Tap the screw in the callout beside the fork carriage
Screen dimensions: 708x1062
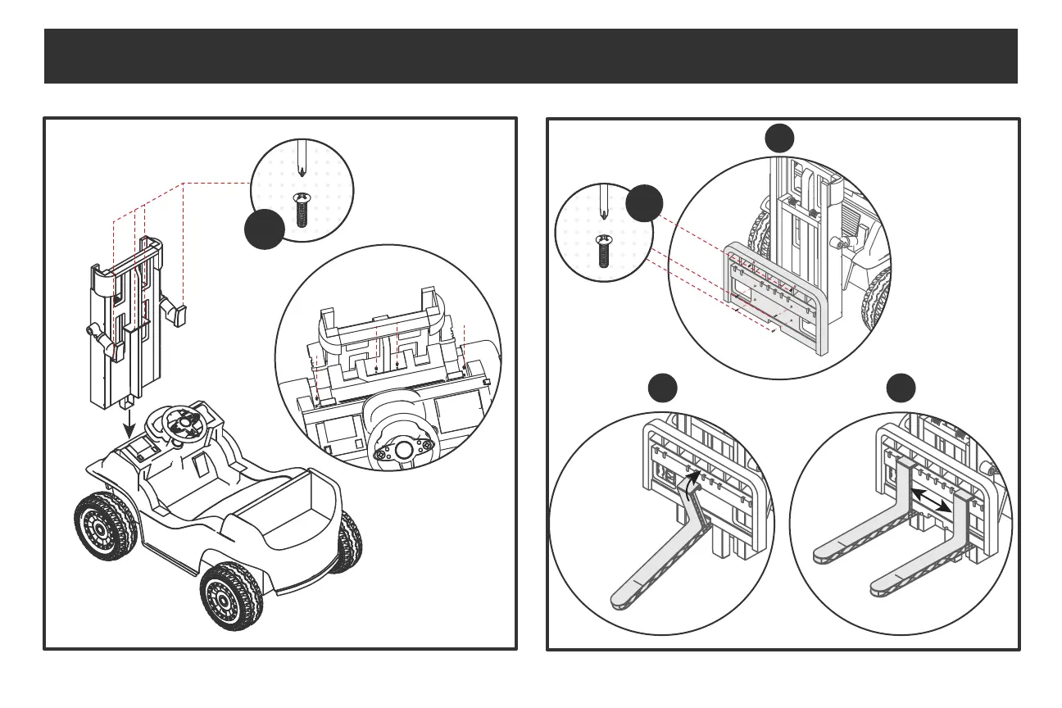[x=605, y=249]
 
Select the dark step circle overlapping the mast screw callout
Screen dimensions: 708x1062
[x=265, y=228]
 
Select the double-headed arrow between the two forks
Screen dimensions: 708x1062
[x=931, y=498]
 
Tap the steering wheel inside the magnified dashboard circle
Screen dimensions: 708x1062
[x=402, y=449]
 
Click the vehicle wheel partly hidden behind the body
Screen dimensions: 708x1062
[x=350, y=542]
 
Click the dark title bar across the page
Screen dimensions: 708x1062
[x=530, y=56]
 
